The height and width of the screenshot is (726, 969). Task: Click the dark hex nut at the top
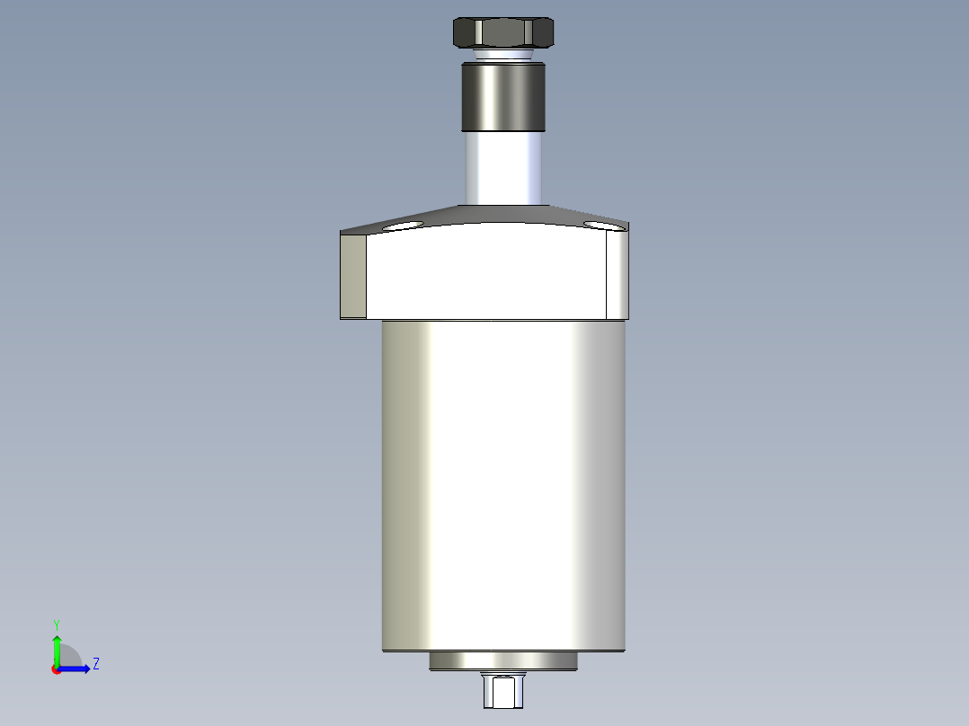click(x=503, y=33)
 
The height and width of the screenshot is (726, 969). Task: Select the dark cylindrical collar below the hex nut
click(x=503, y=97)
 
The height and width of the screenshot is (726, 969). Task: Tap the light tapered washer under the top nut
click(x=503, y=56)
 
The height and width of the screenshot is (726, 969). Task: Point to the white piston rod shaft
click(x=503, y=169)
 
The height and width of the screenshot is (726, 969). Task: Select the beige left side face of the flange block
click(x=353, y=275)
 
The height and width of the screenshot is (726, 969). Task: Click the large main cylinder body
click(x=503, y=485)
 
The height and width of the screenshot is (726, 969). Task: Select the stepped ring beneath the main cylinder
click(x=503, y=661)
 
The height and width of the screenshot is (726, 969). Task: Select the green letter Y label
click(x=57, y=624)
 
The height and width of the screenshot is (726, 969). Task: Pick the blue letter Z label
click(x=95, y=664)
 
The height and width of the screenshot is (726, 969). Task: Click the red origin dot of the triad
click(x=57, y=669)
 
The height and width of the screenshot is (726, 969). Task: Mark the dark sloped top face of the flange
click(x=503, y=214)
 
